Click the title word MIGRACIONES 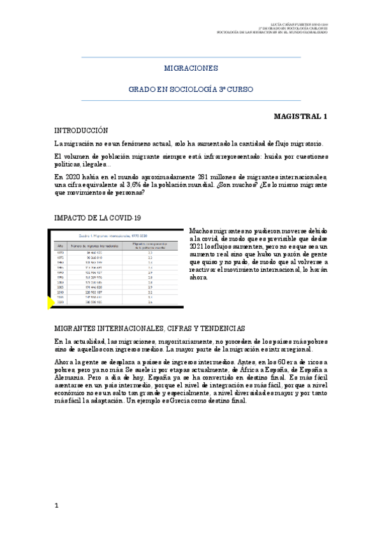pos(191,68)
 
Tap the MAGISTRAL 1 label pos(300,117)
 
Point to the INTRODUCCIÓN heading pos(82,130)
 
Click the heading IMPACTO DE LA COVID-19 pos(98,218)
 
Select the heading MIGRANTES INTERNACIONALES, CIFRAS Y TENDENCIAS pos(150,328)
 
